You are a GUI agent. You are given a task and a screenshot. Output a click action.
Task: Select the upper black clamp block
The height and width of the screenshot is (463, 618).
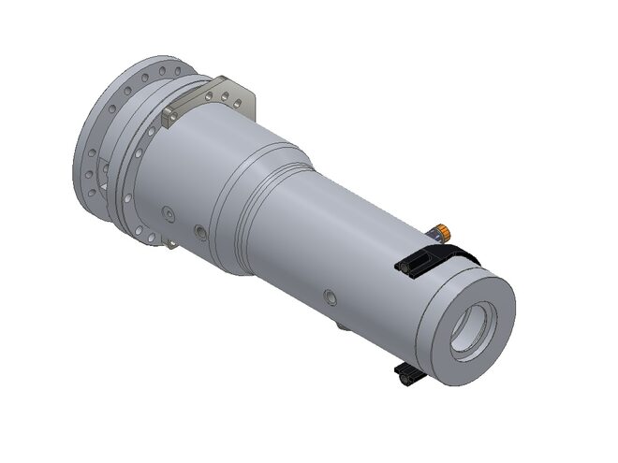point(416,262)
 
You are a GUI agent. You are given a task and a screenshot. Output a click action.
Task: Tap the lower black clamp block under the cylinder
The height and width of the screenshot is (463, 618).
point(408,376)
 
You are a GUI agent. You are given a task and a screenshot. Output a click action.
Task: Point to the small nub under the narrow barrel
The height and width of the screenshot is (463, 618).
point(343,327)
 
